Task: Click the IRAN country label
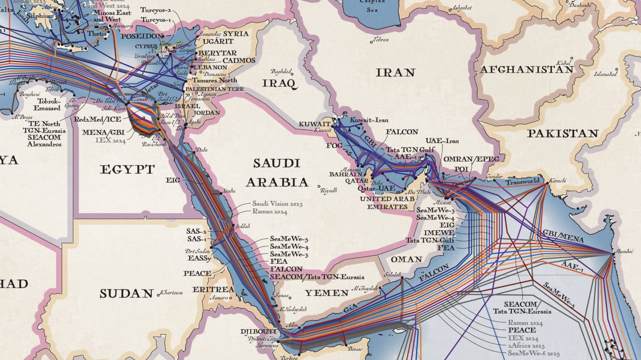(395, 73)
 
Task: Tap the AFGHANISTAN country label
(526, 70)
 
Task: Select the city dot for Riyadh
(319, 186)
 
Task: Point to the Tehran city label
(381, 40)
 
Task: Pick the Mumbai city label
(624, 251)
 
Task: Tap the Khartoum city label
(172, 293)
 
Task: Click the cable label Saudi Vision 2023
(277, 204)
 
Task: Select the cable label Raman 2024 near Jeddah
(270, 211)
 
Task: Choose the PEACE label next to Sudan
(197, 274)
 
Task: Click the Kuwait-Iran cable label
(369, 120)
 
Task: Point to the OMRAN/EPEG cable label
(471, 159)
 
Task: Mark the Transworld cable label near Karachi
(522, 182)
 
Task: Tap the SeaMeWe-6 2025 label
(534, 353)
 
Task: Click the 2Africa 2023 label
(526, 346)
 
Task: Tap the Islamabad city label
(605, 74)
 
